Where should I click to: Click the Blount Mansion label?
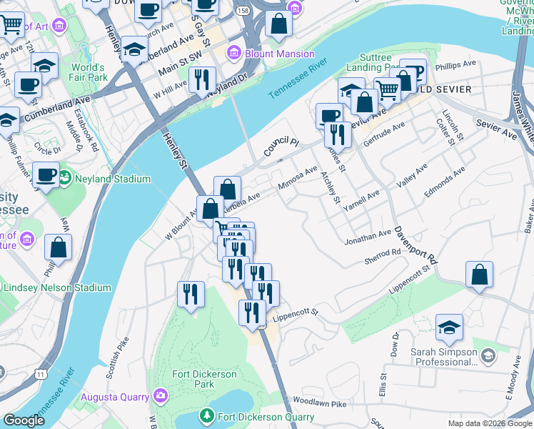pyautogui.click(x=280, y=54)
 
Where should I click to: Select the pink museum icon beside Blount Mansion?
pyautogui.click(x=233, y=54)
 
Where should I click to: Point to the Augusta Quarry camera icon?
pyautogui.click(x=161, y=395)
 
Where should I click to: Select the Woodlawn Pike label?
pyautogui.click(x=319, y=404)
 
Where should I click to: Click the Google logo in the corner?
pyautogui.click(x=24, y=421)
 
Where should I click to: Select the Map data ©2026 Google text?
pyautogui.click(x=489, y=423)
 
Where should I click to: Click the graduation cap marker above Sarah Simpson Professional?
pyautogui.click(x=449, y=327)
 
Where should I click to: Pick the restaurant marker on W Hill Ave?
pyautogui.click(x=202, y=79)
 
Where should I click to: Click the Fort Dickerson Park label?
pyautogui.click(x=204, y=379)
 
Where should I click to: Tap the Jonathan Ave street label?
pyautogui.click(x=368, y=234)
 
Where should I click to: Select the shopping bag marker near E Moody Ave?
pyautogui.click(x=480, y=274)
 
